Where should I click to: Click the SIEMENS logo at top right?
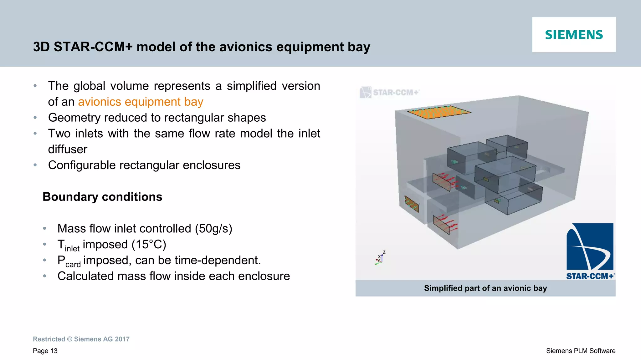click(574, 35)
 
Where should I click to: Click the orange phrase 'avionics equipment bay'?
click(141, 102)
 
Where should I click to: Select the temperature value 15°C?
click(149, 245)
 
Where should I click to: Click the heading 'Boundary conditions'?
click(102, 197)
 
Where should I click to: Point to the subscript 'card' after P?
click(73, 265)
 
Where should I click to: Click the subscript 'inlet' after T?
click(72, 249)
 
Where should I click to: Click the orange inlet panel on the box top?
click(439, 112)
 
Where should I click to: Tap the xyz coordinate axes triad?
click(380, 258)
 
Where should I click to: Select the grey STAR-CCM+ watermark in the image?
click(390, 93)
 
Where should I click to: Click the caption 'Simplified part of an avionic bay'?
click(485, 288)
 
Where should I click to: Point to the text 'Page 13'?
click(45, 351)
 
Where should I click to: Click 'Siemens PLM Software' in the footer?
click(581, 351)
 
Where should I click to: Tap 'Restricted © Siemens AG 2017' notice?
click(81, 339)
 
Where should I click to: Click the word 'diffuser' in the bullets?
click(68, 150)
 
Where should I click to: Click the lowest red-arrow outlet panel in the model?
click(441, 225)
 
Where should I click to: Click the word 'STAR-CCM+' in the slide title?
click(93, 47)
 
